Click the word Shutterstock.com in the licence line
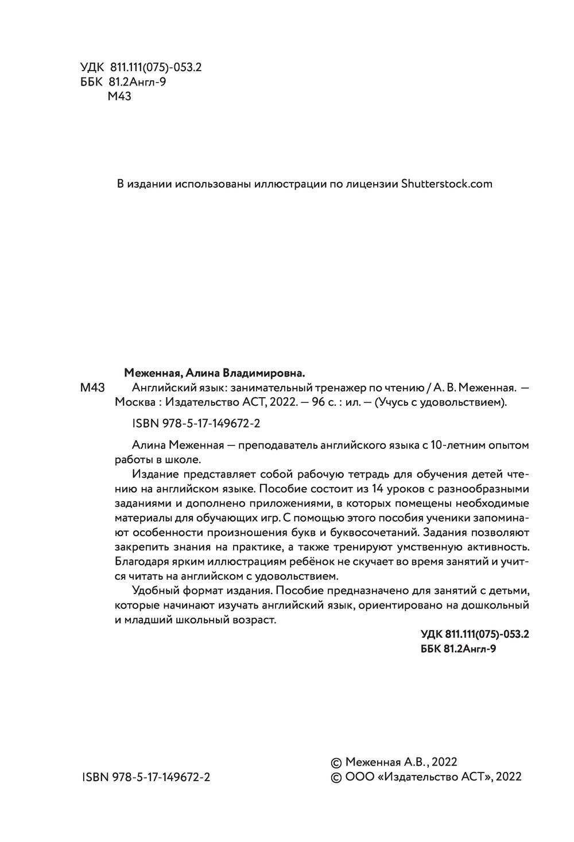(447, 184)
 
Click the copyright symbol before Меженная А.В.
(336, 762)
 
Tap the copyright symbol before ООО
(336, 777)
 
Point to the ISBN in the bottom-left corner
(146, 777)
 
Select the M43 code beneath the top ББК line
(119, 97)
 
